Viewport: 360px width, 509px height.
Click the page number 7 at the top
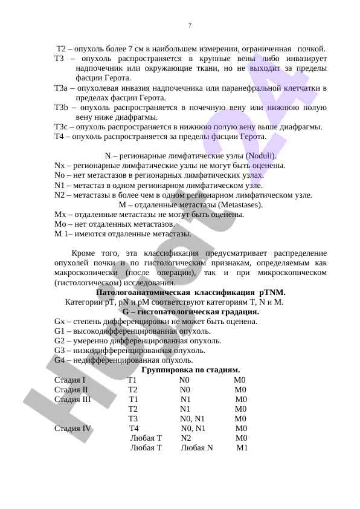click(190, 25)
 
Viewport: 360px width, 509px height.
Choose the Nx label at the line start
click(59, 166)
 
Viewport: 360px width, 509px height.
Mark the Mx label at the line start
click(59, 215)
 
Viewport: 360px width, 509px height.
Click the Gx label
click(59, 322)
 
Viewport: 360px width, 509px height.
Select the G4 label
click(59, 360)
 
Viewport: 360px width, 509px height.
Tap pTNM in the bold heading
click(272, 292)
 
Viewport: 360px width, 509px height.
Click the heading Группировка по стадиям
click(190, 370)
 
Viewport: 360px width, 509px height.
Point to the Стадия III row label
click(72, 400)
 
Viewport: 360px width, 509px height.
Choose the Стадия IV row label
click(72, 429)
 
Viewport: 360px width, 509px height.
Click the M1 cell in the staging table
click(242, 448)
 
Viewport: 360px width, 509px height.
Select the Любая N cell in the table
click(197, 448)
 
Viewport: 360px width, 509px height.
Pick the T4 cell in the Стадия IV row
click(134, 429)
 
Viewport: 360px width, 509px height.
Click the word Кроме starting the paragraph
click(84, 253)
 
